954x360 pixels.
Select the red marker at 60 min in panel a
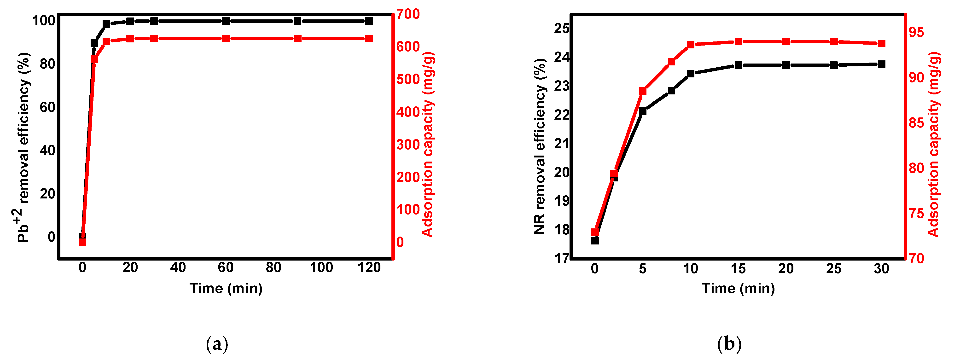click(x=226, y=39)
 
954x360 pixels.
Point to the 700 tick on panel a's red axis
click(x=408, y=14)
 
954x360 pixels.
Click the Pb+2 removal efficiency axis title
click(x=23, y=147)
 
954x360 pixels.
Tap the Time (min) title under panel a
click(x=226, y=288)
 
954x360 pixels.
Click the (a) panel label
click(x=217, y=344)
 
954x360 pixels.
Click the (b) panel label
click(x=729, y=344)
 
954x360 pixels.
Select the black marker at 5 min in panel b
click(x=643, y=111)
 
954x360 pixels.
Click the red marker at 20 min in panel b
click(x=786, y=41)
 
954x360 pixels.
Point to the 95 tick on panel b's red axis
click(x=916, y=32)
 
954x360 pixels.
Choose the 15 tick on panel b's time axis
click(x=738, y=268)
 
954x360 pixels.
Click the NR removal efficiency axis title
click(x=540, y=146)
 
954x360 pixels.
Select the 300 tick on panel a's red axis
click(x=408, y=145)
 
